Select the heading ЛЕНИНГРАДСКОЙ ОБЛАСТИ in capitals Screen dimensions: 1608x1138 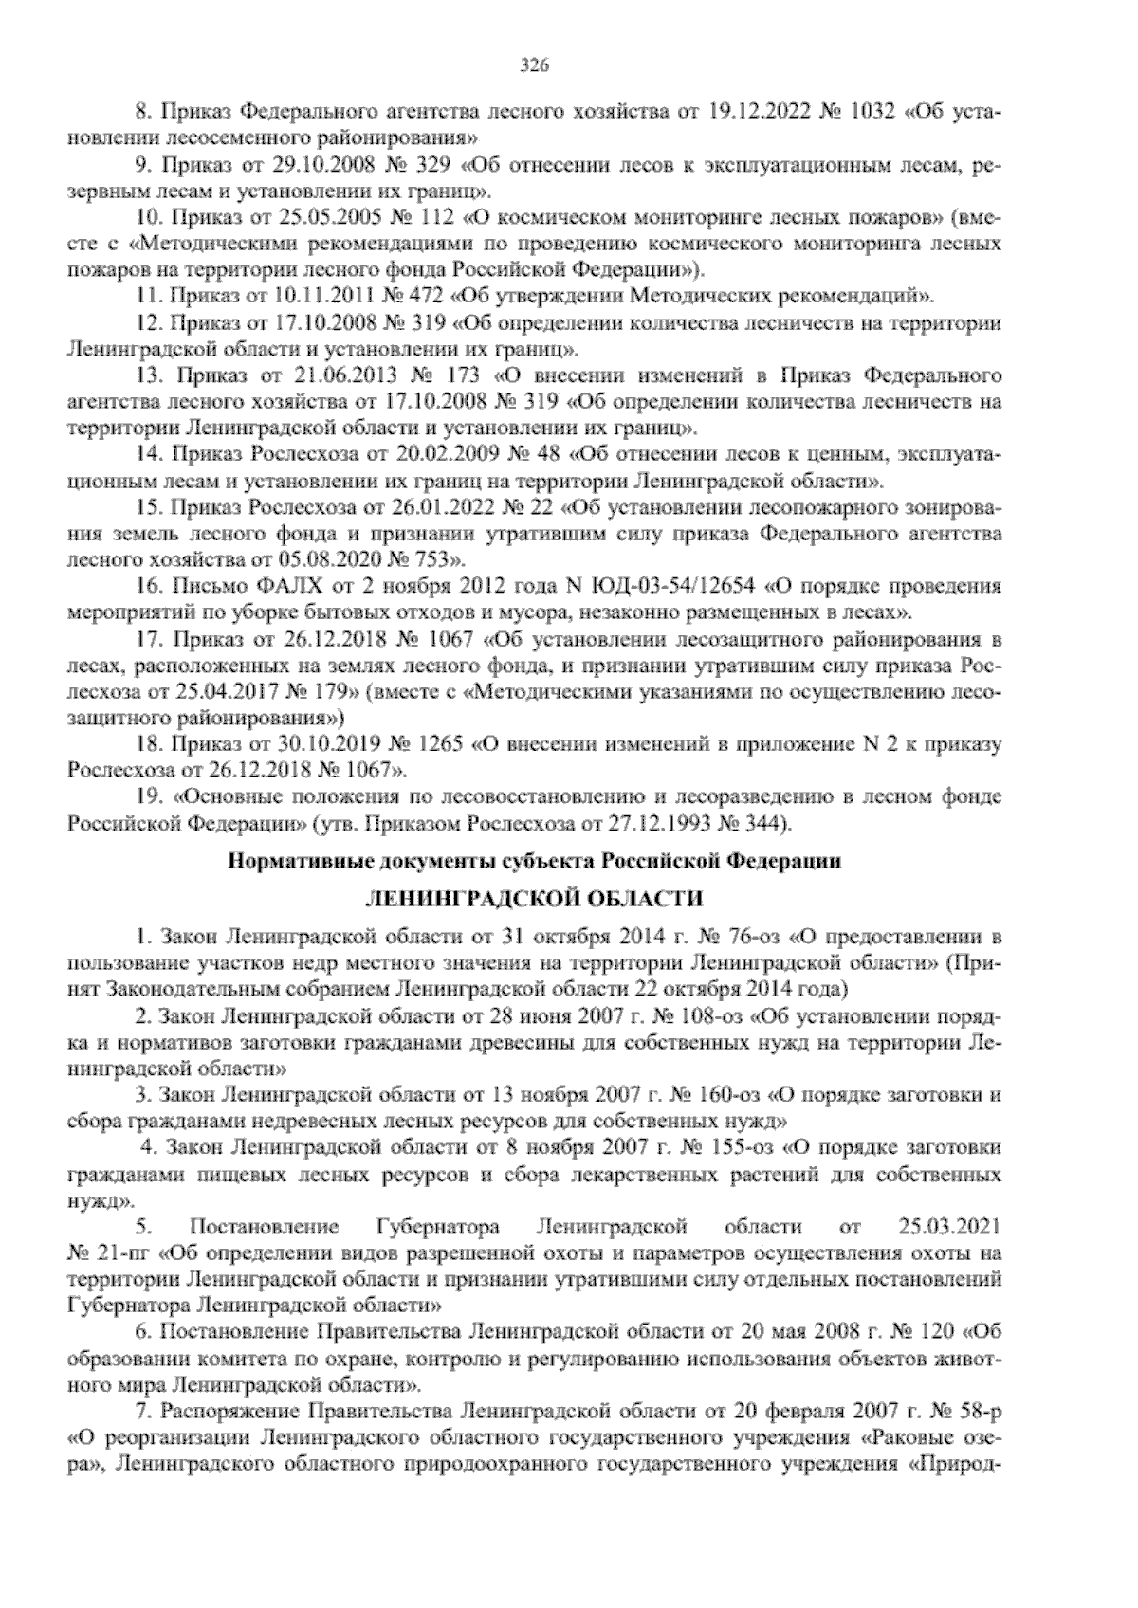(535, 898)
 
